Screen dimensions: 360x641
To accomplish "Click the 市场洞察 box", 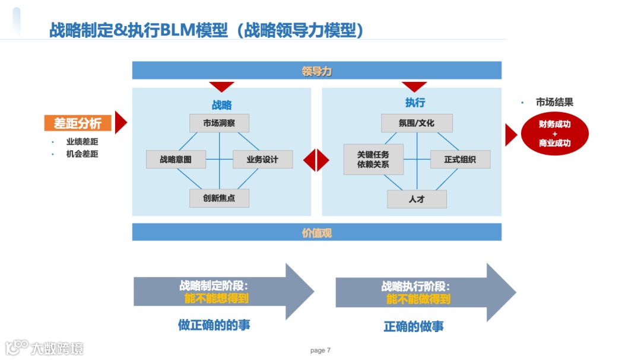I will (219, 123).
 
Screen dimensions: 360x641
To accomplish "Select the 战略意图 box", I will (176, 160).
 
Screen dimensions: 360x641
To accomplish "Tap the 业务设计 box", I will (262, 160).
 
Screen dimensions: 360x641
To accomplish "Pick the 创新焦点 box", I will (219, 198).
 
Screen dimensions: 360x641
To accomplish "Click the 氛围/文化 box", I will (417, 123).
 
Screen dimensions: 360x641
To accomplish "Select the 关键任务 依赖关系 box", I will (373, 159).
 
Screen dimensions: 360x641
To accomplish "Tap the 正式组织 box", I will (461, 160).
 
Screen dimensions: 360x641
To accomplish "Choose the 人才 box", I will (417, 199).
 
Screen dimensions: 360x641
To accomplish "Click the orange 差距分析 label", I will (78, 123).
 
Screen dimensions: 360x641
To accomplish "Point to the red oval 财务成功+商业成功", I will (555, 134).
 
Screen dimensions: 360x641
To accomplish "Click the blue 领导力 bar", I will (316, 71).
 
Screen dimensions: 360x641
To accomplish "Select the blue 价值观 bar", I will (316, 232).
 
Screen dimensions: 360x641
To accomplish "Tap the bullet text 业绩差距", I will (82, 142).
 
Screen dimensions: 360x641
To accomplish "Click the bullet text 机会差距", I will (82, 154).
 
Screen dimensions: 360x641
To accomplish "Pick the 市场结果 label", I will (554, 102).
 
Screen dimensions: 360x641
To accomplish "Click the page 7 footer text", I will (320, 351).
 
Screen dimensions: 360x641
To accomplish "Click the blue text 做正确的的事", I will (218, 325).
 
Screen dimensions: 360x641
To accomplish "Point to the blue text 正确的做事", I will (414, 326).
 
